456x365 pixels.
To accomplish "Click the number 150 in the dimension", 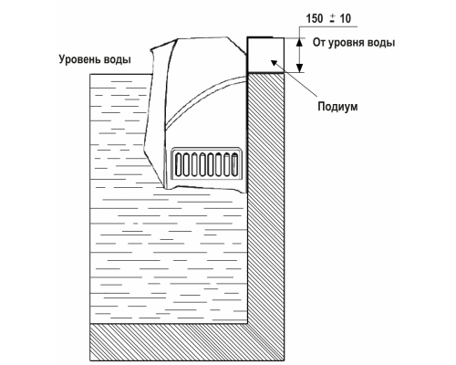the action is (x=315, y=18).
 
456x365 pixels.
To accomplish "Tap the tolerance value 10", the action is (x=345, y=18).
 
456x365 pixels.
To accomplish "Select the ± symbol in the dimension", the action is (x=331, y=19).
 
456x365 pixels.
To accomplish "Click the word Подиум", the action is (x=337, y=107).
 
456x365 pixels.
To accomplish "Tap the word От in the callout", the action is (x=318, y=43).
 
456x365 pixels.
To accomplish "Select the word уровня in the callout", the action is (x=345, y=43).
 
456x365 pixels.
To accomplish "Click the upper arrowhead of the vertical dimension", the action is (x=300, y=43).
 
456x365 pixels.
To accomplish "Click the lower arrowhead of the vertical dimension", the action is (x=300, y=68).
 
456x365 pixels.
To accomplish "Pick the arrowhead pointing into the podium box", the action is (x=274, y=63).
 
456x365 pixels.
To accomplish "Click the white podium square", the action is (x=265, y=55).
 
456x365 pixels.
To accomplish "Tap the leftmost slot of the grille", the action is (x=179, y=164).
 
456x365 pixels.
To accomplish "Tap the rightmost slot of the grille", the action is (x=234, y=164).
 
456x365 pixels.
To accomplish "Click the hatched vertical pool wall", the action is (x=266, y=198).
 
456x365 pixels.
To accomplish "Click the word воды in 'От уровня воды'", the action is (x=381, y=43).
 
